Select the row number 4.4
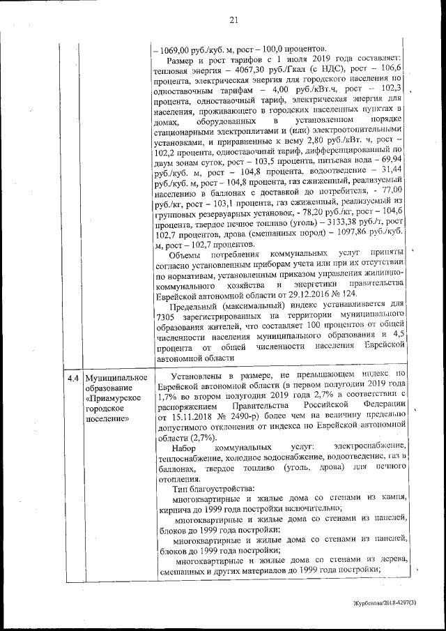[72, 379]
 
